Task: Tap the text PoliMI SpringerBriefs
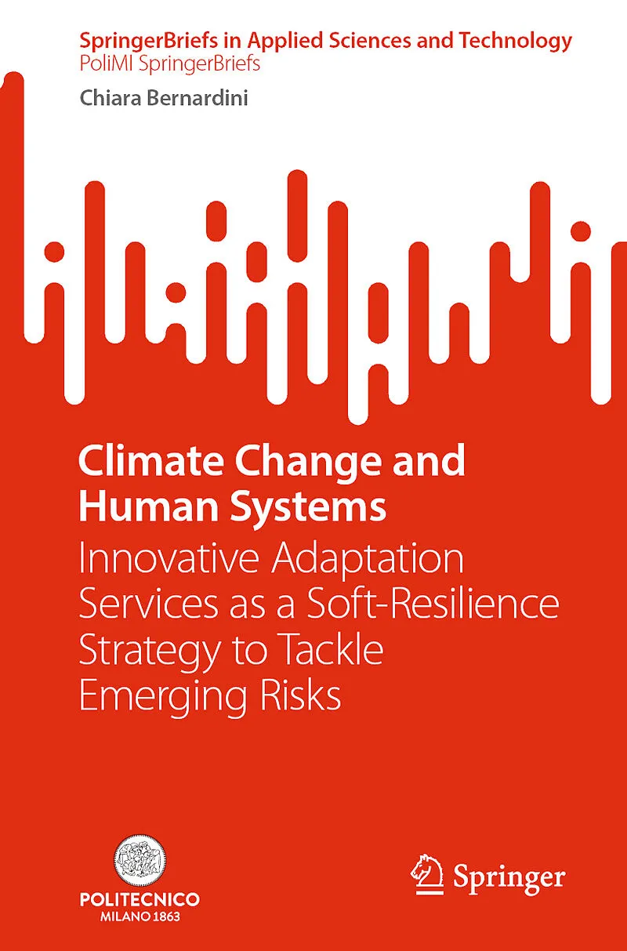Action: click(170, 64)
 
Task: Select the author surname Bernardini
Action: click(197, 98)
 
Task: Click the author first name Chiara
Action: click(111, 98)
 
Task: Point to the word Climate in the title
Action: click(150, 461)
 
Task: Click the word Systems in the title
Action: click(308, 509)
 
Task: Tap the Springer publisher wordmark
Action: click(509, 877)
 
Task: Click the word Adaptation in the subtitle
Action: click(368, 560)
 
